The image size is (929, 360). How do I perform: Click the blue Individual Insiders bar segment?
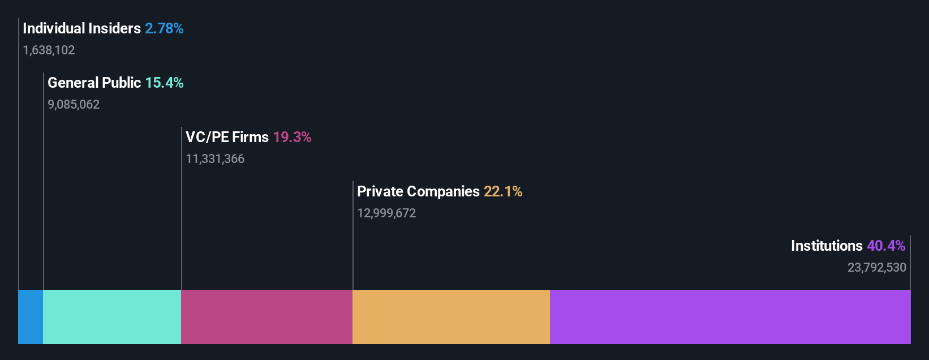coord(31,317)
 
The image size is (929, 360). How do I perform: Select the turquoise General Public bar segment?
coord(112,317)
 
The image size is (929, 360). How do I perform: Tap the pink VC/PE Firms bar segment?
coord(266,317)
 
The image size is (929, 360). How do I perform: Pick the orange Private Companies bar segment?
coord(451,317)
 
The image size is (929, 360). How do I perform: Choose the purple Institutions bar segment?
coord(730,317)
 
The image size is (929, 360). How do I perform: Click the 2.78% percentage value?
coord(164,28)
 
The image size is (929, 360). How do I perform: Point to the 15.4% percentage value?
coord(164,83)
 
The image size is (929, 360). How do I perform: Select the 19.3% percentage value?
coord(292,137)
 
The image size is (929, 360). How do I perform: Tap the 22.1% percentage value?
coord(503,191)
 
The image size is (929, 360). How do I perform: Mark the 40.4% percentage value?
coord(886,246)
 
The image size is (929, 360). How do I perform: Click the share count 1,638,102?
coord(49,50)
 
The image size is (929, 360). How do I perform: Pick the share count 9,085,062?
coord(74,105)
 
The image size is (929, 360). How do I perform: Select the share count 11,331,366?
coord(215,159)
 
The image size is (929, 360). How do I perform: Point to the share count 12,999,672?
coord(386,213)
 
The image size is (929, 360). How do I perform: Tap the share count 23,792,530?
coord(876,268)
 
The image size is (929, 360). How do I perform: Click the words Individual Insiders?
coord(81,28)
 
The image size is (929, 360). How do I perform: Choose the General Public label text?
coord(94,83)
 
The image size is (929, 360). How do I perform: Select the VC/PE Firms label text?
coord(227,137)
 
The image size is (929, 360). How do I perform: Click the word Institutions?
coord(826,246)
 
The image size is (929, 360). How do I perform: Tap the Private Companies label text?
coord(418,191)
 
